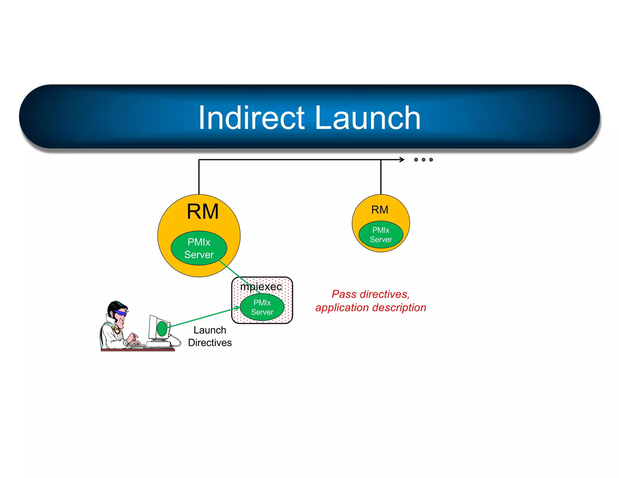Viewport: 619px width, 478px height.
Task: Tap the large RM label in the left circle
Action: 203,212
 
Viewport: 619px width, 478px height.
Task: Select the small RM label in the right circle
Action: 380,210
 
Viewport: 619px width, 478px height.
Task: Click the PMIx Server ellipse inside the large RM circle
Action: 199,248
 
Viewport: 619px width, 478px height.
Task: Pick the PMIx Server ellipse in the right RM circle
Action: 381,235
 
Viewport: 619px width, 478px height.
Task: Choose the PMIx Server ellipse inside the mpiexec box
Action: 262,307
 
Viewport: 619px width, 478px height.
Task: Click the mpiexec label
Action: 261,286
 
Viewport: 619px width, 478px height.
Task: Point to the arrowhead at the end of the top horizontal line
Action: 402,160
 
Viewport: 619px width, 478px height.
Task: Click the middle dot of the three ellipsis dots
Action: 423,160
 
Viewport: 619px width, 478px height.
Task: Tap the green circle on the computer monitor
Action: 162,328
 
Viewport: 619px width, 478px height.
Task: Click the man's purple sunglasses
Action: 120,313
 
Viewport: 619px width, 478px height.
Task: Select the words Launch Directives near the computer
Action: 210,336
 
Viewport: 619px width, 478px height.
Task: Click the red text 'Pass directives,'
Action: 371,294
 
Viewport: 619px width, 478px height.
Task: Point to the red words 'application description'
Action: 371,308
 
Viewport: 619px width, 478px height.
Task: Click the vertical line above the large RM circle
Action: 199,177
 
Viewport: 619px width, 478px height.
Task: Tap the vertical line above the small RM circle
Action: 381,177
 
